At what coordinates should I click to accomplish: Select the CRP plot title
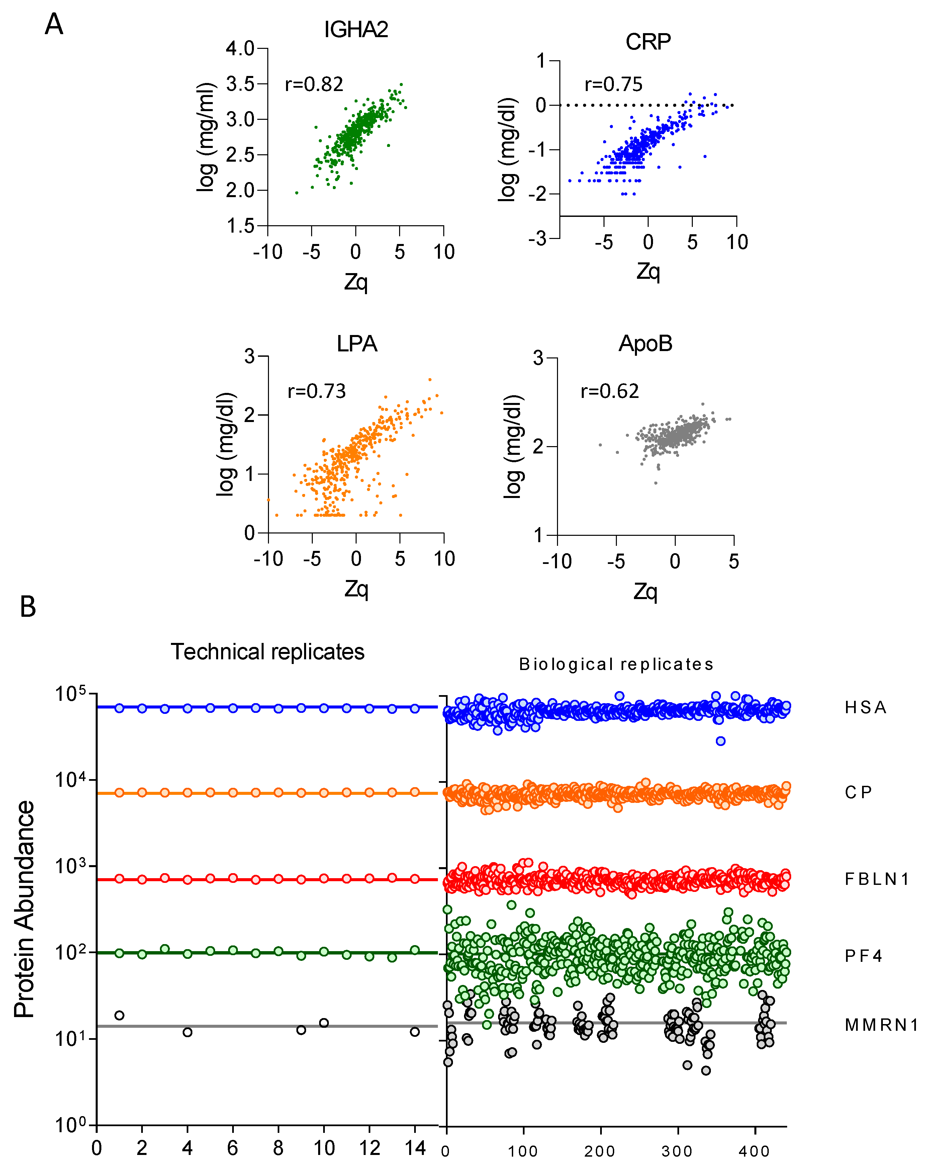(x=648, y=42)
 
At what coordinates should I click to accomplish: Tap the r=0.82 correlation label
(x=314, y=84)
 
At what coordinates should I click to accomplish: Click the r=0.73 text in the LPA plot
(x=316, y=391)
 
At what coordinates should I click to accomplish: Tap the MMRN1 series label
(x=881, y=1025)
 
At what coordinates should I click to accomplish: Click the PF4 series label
(x=863, y=956)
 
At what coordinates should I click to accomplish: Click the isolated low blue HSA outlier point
(x=720, y=741)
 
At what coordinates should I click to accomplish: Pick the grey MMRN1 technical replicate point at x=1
(x=119, y=1015)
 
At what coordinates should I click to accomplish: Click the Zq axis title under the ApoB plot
(x=645, y=592)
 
